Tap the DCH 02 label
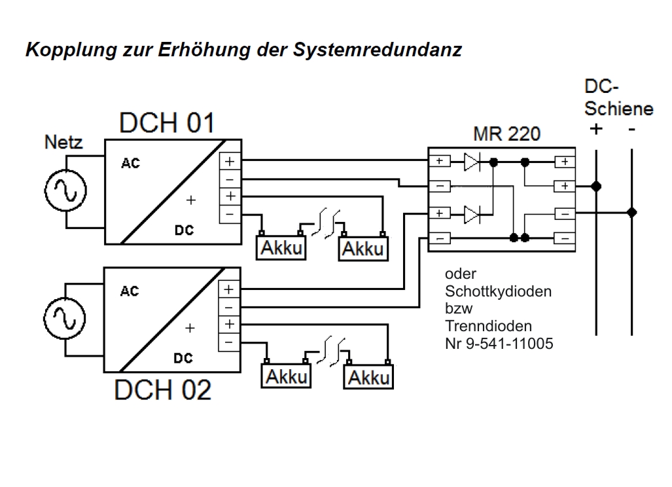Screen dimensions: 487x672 pyautogui.click(x=163, y=390)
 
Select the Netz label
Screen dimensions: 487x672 pyautogui.click(x=63, y=141)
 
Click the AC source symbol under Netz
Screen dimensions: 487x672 pyautogui.click(x=64, y=191)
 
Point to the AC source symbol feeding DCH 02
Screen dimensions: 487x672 pyautogui.click(x=64, y=317)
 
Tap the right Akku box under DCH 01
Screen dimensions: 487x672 pyautogui.click(x=363, y=247)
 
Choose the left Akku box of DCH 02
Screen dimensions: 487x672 pyautogui.click(x=287, y=376)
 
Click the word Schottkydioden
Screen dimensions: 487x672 pyautogui.click(x=498, y=291)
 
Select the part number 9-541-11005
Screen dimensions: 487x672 pyautogui.click(x=508, y=342)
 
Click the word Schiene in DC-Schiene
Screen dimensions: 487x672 pyautogui.click(x=618, y=109)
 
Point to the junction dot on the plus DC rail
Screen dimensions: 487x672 pyautogui.click(x=596, y=187)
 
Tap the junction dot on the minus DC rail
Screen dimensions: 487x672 pyautogui.click(x=631, y=213)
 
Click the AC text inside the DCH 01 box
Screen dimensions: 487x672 pyautogui.click(x=130, y=164)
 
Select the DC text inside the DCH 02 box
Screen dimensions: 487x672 pyautogui.click(x=183, y=359)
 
